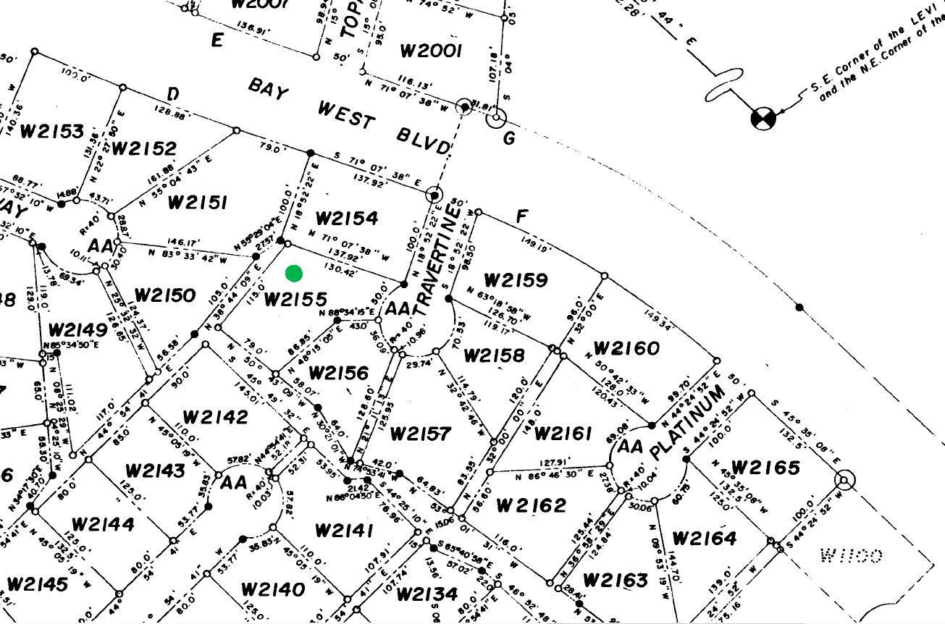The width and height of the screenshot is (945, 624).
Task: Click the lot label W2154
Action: coord(347,218)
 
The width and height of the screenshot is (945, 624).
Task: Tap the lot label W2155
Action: coord(295,299)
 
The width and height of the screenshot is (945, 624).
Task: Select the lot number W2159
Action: coord(516,280)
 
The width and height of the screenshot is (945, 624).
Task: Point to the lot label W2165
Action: coord(765,468)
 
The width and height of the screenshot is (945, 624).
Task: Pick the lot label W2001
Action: coord(431,51)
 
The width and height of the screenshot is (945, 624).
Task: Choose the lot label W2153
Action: coord(52,131)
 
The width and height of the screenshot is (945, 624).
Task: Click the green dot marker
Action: coord(294,273)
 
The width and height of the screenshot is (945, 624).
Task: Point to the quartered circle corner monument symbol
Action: coord(763,118)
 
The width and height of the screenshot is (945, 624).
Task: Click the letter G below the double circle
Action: coord(508,138)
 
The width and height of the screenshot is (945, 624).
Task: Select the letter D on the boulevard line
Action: coord(172,94)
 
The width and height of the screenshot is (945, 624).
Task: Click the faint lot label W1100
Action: coord(851,555)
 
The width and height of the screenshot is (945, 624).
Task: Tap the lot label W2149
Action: coord(78,330)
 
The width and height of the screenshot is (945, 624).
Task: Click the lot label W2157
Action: coord(420,434)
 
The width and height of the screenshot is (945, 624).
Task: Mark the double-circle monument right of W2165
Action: coord(844,480)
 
